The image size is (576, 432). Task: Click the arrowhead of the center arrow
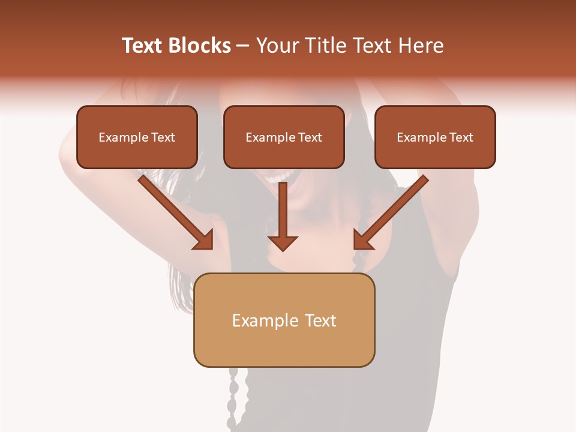pos(283,242)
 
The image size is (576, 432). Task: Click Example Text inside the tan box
pos(284,320)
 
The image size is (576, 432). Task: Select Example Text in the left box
pos(137,137)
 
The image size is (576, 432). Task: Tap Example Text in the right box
pos(435,137)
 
